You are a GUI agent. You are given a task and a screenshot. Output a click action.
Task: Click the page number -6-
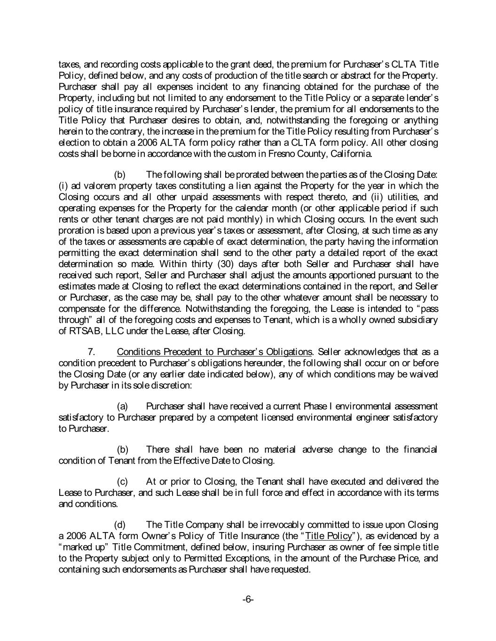[248, 600]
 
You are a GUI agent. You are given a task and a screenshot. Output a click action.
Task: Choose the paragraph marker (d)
[121, 525]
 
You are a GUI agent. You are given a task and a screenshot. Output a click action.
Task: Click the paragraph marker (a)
[122, 406]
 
